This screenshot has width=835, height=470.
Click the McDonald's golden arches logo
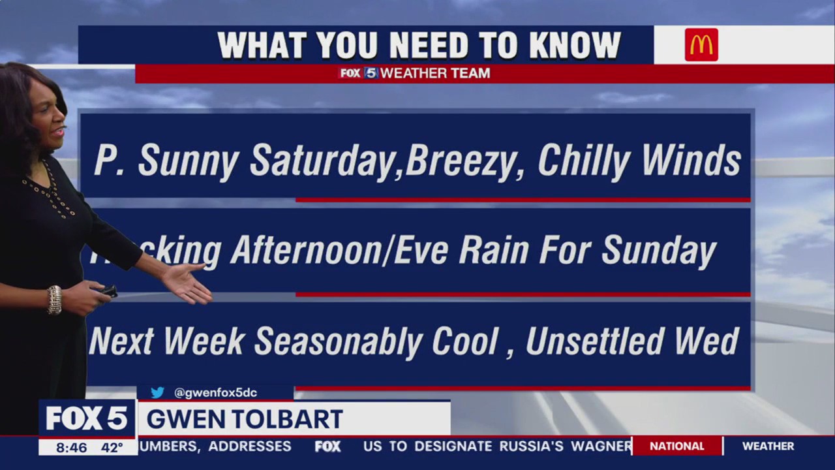[701, 45]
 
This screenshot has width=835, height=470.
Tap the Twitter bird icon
[157, 392]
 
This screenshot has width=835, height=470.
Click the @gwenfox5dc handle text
[215, 392]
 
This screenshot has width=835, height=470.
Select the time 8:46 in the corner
[71, 448]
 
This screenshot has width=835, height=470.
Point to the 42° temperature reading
[112, 448]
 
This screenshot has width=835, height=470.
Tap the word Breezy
[465, 161]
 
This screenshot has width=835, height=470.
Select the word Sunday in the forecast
[658, 251]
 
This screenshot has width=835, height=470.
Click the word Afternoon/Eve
[339, 251]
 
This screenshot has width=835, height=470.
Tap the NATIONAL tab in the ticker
[676, 446]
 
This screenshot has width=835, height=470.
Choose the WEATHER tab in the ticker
[768, 446]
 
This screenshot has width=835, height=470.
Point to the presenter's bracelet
[54, 300]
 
